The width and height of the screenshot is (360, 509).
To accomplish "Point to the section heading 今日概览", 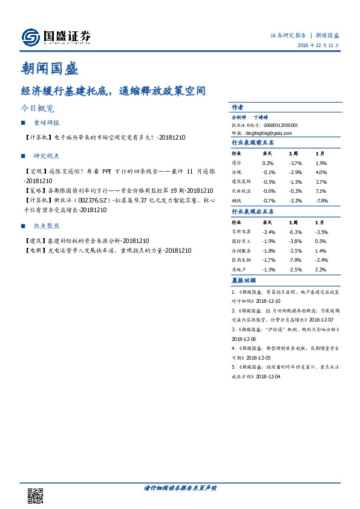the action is (38, 109).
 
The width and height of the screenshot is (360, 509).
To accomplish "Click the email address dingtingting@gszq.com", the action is (272, 132).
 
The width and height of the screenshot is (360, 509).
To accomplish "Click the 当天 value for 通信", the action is (268, 163).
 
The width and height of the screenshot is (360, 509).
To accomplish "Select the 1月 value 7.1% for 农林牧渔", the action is (321, 190).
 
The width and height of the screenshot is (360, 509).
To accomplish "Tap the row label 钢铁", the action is (238, 199).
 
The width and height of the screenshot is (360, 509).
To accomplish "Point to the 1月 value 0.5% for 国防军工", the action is (321, 241).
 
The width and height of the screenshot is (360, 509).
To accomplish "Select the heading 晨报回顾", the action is (244, 280).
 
